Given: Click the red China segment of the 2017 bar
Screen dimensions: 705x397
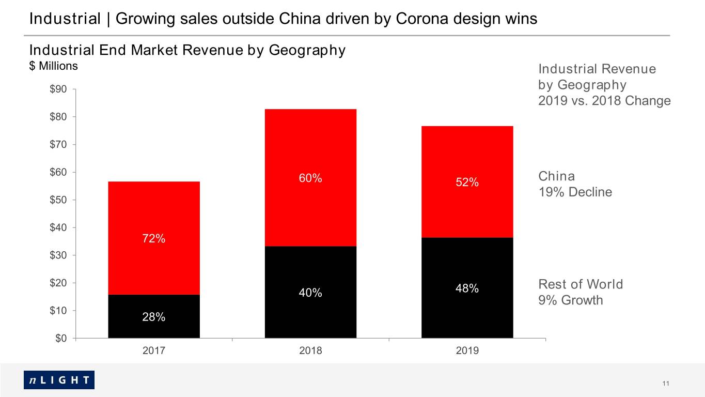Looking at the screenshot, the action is [x=154, y=238].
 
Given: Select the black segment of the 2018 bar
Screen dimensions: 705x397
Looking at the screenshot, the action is [x=310, y=292].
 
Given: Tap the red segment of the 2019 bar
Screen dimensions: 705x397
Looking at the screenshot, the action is [x=467, y=182].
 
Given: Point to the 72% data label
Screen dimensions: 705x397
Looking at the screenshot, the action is [x=153, y=238].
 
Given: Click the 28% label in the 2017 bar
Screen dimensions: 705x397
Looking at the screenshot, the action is [x=153, y=317].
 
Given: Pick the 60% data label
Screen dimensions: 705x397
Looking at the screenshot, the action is [x=310, y=178].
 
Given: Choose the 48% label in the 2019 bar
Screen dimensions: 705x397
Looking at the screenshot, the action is [x=467, y=288].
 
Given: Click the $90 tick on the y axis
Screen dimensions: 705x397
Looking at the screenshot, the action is [x=58, y=89].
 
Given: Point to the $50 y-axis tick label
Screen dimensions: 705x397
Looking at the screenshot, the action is [x=58, y=200].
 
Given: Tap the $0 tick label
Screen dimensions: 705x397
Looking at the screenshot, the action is [x=61, y=339].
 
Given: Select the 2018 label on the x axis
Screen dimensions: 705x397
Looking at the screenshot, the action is [x=310, y=350].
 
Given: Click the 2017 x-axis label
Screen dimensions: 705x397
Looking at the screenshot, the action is [x=154, y=350].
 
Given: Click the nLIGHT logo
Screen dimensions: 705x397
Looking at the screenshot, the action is [x=59, y=380].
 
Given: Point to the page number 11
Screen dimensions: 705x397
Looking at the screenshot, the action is [x=666, y=384].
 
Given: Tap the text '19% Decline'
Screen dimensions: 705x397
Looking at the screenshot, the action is [x=575, y=192].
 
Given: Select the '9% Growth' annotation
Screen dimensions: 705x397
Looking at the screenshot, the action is [x=571, y=300].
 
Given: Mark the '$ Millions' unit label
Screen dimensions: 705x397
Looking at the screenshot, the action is [x=54, y=66].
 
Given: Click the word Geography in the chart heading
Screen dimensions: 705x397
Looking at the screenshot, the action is [x=307, y=51].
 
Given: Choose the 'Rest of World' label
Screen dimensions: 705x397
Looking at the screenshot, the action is [x=581, y=284].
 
